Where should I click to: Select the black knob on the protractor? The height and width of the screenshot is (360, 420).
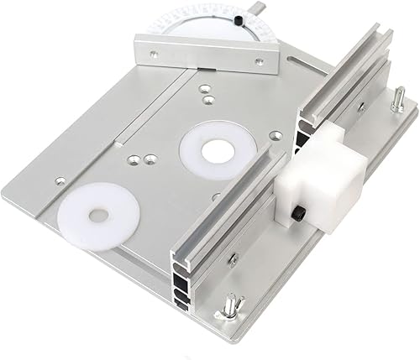point(240,18)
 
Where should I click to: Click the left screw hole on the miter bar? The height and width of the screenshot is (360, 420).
point(153,55)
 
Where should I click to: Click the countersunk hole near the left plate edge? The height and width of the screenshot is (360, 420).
point(58,179)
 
